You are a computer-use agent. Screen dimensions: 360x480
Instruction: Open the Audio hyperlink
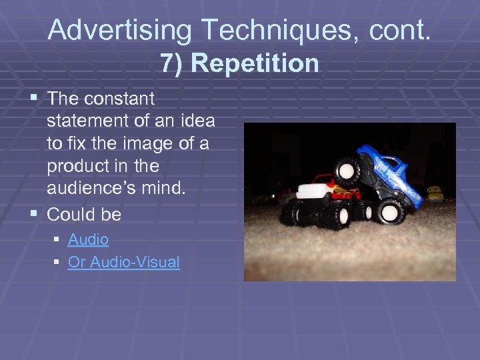click(88, 239)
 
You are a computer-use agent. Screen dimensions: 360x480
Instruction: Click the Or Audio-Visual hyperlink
click(123, 262)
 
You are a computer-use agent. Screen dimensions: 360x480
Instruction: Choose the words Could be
click(84, 215)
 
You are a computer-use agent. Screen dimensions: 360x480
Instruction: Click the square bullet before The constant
click(35, 99)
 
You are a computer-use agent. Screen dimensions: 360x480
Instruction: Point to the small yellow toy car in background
click(435, 194)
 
